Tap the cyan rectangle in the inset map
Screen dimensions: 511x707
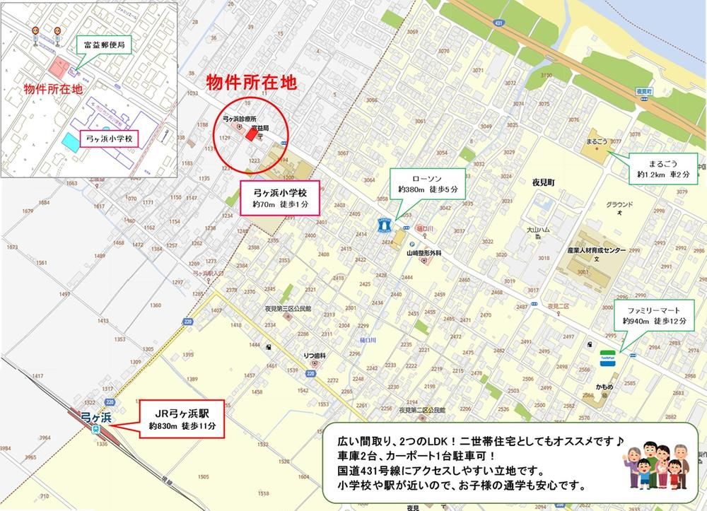(x=71, y=141)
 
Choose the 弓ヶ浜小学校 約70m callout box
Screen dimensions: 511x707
(x=281, y=197)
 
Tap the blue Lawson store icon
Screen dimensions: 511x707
(x=384, y=224)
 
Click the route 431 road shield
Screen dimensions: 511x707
(x=499, y=24)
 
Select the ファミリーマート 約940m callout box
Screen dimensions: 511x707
(x=651, y=315)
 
